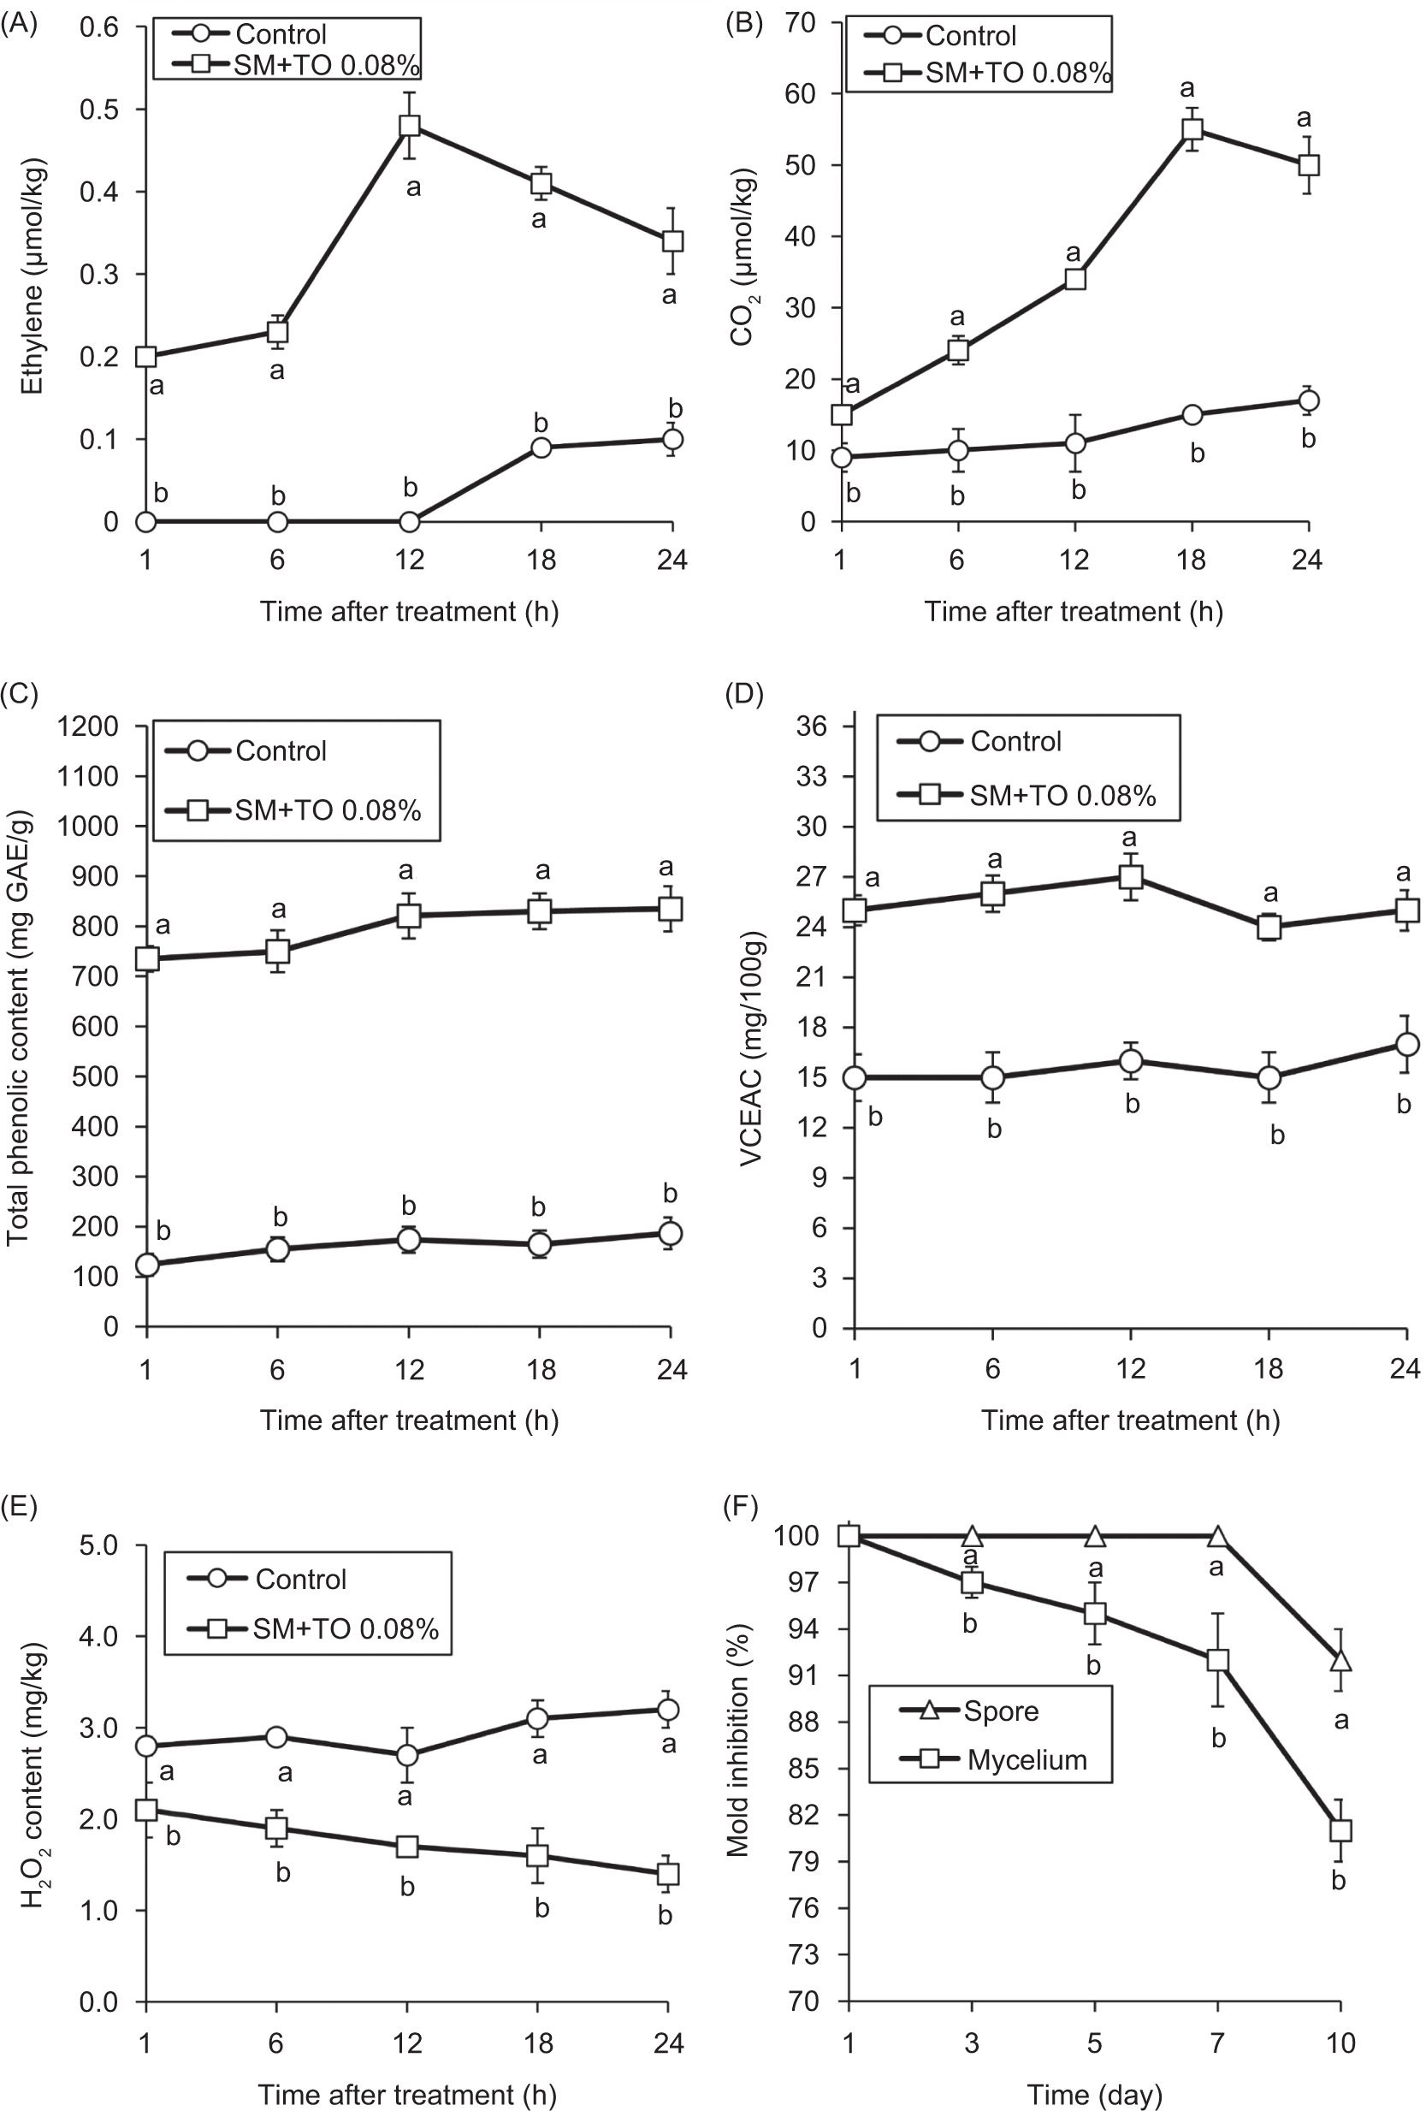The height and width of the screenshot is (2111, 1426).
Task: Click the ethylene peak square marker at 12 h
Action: tap(410, 125)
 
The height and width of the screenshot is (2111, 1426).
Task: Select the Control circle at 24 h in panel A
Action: tap(672, 440)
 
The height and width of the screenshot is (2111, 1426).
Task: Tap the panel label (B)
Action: tap(744, 23)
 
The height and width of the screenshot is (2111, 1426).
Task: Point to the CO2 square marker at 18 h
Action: tap(1192, 129)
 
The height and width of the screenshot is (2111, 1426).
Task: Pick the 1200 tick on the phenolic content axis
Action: tap(88, 726)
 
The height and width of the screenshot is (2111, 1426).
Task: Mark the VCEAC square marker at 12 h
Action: tap(1131, 876)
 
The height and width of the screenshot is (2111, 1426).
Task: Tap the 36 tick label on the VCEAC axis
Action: tap(811, 726)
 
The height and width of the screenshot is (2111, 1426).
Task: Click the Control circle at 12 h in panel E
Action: tap(408, 1755)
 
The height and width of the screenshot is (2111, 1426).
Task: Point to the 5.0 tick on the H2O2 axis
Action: tap(98, 1545)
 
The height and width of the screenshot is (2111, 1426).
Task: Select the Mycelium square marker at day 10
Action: tap(1340, 1830)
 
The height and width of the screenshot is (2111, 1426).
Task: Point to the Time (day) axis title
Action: tap(1093, 2095)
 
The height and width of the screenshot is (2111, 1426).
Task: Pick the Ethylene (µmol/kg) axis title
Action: tap(32, 277)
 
